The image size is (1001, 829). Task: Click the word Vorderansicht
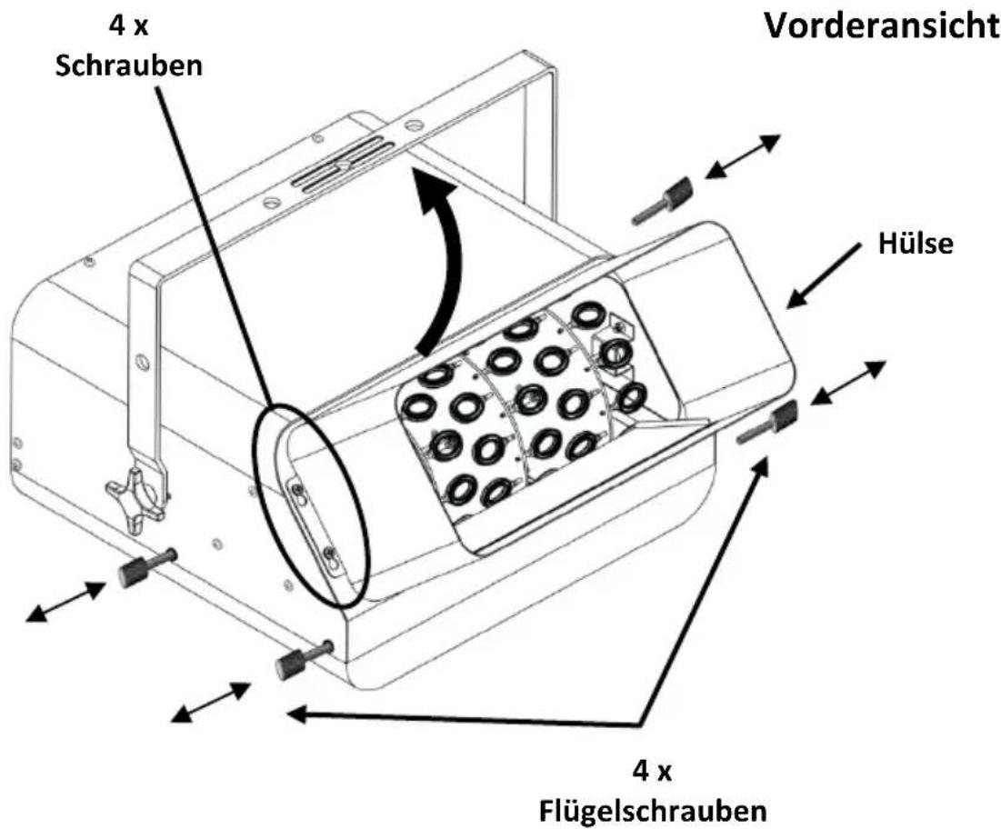pos(882,26)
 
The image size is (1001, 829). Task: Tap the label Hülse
pos(916,243)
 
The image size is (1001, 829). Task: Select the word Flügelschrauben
pos(653,811)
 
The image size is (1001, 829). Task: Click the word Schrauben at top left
pos(129,65)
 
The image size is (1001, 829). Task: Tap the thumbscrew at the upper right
pos(662,200)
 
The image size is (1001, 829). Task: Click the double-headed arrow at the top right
pos(743,156)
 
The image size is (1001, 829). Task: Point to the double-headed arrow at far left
pos(65,601)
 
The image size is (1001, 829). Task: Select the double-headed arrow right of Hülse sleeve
pos(847,383)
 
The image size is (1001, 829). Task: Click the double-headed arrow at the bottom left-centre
pos(211,702)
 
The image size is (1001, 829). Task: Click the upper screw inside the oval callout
pos(297,490)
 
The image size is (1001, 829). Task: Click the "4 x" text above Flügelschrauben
pos(652,773)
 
